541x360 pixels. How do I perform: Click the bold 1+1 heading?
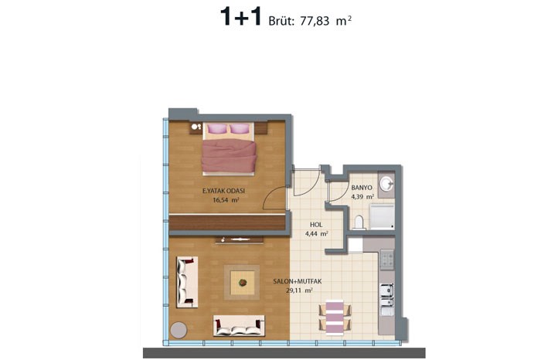pyautogui.click(x=241, y=17)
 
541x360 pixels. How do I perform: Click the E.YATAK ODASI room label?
pyautogui.click(x=223, y=191)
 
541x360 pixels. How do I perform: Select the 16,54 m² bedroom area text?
pyautogui.click(x=226, y=199)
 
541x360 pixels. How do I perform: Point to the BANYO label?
pyautogui.click(x=362, y=188)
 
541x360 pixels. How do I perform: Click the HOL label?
pyautogui.click(x=316, y=225)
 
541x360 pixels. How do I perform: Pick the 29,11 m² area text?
pyautogui.click(x=299, y=290)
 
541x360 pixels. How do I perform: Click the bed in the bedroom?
pyautogui.click(x=230, y=148)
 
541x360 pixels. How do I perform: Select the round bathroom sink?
pyautogui.click(x=386, y=183)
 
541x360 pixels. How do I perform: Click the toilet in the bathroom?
pyautogui.click(x=359, y=222)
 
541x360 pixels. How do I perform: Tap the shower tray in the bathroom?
pyautogui.click(x=382, y=216)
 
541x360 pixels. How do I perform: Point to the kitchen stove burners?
pyautogui.click(x=386, y=260)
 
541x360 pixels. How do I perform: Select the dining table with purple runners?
pyautogui.click(x=335, y=318)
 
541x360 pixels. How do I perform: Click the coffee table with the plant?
pyautogui.click(x=243, y=283)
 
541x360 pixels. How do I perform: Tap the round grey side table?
pyautogui.click(x=179, y=330)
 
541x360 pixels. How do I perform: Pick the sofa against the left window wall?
pyautogui.click(x=187, y=282)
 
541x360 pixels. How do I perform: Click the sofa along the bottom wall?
pyautogui.click(x=239, y=326)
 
